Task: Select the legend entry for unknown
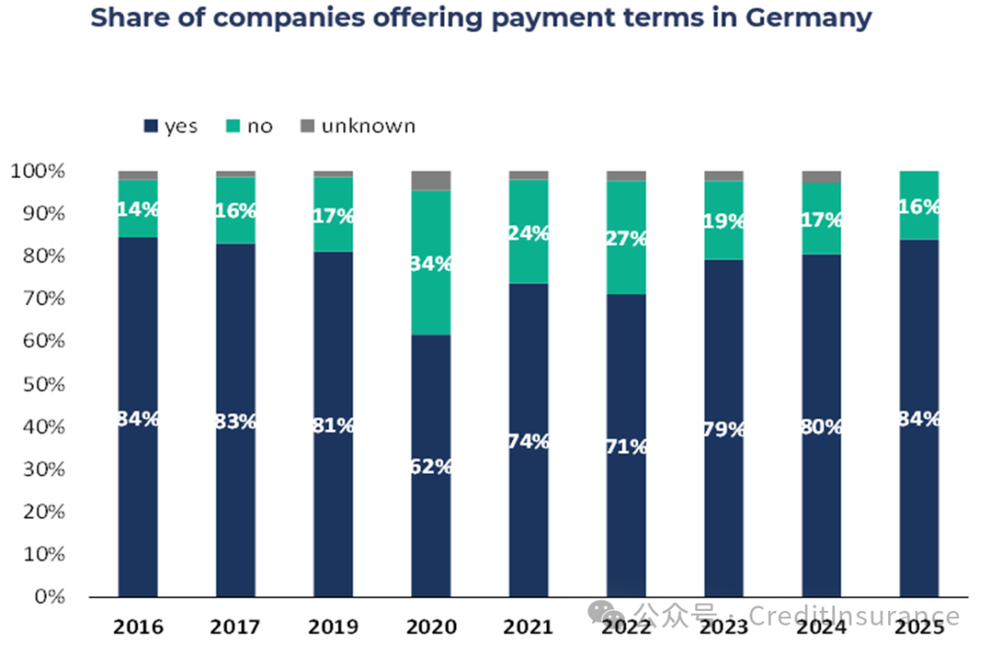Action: tap(367, 126)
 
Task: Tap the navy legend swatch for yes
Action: tap(150, 127)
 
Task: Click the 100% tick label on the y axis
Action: tap(37, 172)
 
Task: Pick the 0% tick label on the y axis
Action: tap(48, 597)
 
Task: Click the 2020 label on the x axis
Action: tap(430, 627)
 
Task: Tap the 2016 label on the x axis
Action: tap(138, 627)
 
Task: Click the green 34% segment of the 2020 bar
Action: tap(430, 262)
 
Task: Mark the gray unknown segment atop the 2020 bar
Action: tap(430, 180)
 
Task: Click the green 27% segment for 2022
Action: tap(626, 238)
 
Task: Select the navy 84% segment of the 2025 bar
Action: tap(919, 417)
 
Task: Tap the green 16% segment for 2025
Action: tap(919, 205)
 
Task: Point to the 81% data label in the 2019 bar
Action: tap(333, 425)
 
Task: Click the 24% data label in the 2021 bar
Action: tap(529, 233)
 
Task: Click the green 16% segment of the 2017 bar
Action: tap(236, 211)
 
